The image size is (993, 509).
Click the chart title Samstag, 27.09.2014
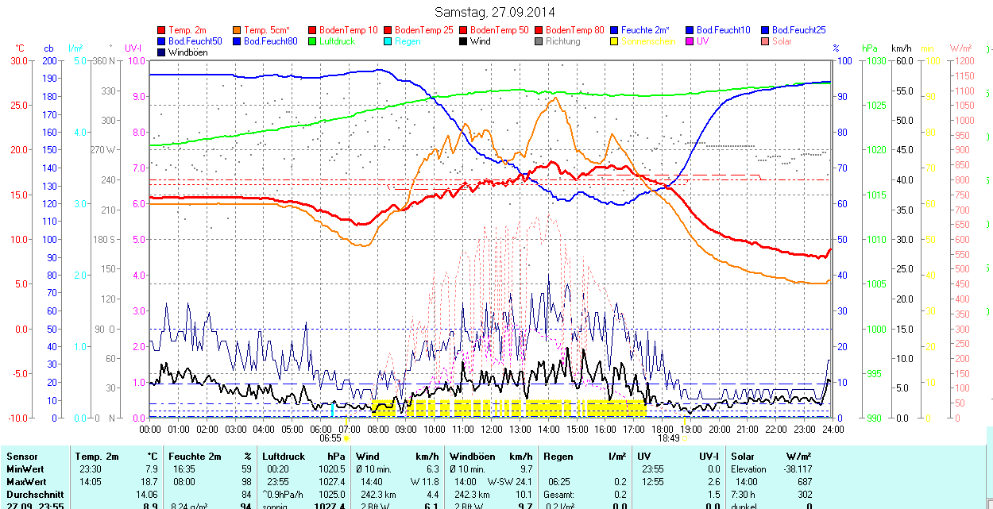pyautogui.click(x=495, y=13)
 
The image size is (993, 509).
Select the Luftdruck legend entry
pyautogui.click(x=336, y=41)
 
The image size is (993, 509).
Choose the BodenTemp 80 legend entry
pyautogui.click(x=574, y=30)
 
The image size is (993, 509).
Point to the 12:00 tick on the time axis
pyautogui.click(x=492, y=430)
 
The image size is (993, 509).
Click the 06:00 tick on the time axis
pyautogui.click(x=321, y=430)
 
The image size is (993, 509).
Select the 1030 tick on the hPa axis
pyautogui.click(x=875, y=61)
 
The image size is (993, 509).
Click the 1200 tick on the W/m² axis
pyautogui.click(x=962, y=61)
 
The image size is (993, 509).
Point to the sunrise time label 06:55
pyautogui.click(x=330, y=438)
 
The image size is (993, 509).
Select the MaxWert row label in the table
pyautogui.click(x=26, y=482)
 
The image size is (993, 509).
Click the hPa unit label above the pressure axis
pyautogui.click(x=870, y=48)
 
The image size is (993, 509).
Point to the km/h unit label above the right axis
pyautogui.click(x=901, y=48)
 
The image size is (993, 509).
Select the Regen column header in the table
pyautogui.click(x=558, y=457)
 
